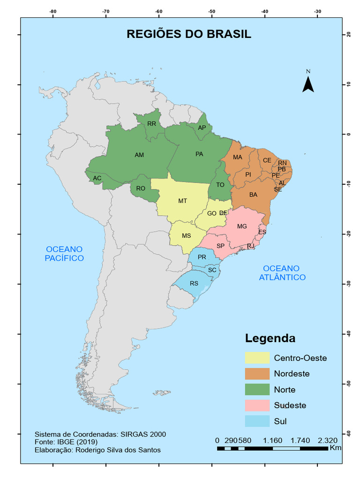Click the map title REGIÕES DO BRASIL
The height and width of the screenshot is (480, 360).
[189, 34]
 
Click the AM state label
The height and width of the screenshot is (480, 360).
[139, 155]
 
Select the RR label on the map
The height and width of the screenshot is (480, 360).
[151, 124]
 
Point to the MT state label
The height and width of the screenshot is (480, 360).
[183, 201]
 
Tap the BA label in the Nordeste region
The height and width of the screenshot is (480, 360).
[253, 195]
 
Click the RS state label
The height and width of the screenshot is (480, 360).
[194, 284]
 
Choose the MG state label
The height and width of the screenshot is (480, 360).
[242, 226]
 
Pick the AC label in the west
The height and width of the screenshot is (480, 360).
[97, 178]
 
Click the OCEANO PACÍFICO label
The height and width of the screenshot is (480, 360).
[64, 254]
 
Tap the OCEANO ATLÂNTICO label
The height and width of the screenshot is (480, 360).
[282, 273]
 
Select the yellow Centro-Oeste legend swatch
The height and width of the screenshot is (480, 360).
[257, 358]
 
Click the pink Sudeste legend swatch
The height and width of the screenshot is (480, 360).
[257, 405]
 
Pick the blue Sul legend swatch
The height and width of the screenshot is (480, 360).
[257, 421]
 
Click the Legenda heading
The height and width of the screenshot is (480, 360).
[270, 338]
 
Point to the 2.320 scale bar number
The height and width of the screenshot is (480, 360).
[327, 441]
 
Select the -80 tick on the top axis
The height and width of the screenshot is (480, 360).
[52, 11]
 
